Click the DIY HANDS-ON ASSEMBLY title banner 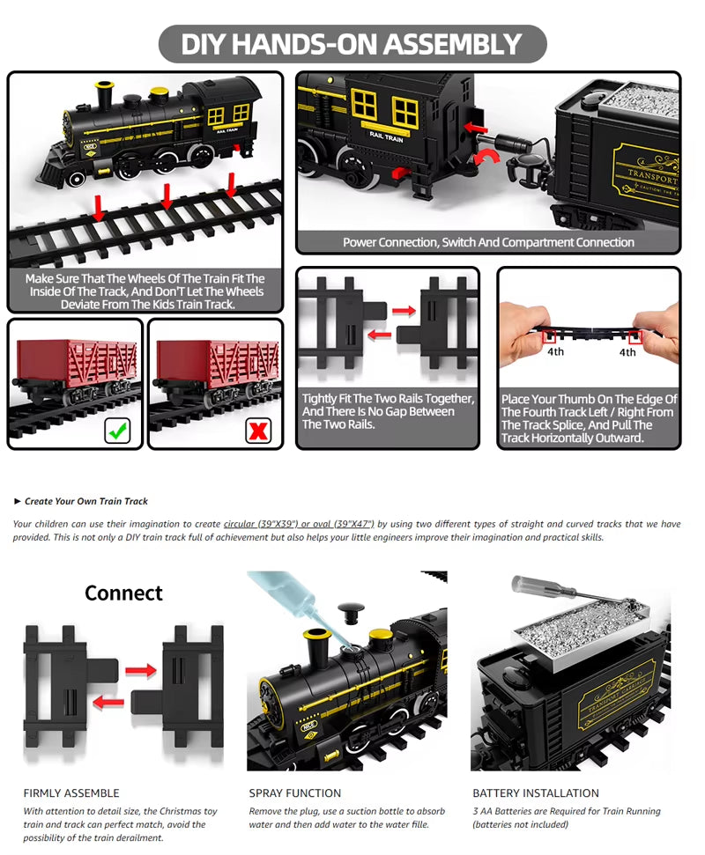point(352,44)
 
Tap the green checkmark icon point(117,431)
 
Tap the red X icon point(257,431)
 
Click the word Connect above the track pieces point(123,593)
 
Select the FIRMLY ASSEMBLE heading point(71,792)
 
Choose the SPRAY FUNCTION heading point(294,792)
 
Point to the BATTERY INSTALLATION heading point(535,792)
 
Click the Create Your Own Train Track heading point(85,501)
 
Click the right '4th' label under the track point(627,352)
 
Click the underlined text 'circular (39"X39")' point(262,524)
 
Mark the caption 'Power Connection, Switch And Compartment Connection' point(488,242)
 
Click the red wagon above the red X point(215,365)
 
